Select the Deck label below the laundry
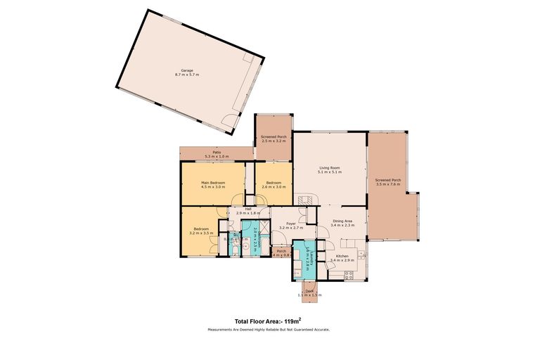(x=309, y=291)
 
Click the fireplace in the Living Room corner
(x=304, y=200)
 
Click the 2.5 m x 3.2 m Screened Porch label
(x=274, y=139)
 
